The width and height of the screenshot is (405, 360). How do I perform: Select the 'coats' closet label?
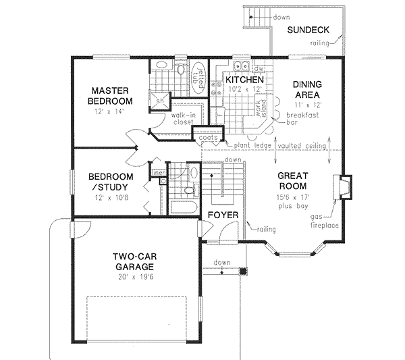(207, 138)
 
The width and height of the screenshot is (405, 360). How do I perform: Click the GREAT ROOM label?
(292, 180)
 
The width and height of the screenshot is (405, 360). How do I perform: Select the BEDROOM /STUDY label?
(111, 182)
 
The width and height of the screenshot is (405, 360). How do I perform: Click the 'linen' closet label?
(158, 173)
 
